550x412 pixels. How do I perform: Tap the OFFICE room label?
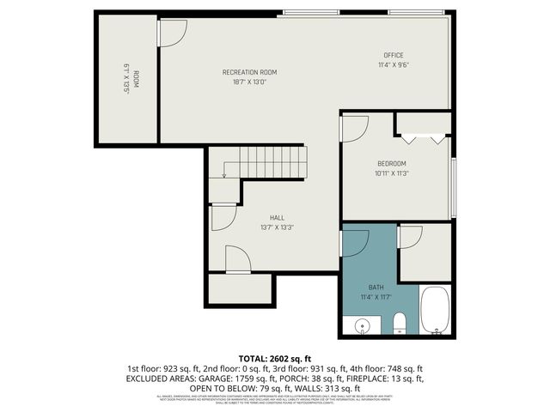[394, 55]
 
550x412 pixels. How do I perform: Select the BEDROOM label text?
[391, 163]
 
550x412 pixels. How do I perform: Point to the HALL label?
[277, 218]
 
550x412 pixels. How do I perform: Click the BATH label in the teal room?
[376, 287]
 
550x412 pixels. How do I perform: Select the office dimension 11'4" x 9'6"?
[394, 65]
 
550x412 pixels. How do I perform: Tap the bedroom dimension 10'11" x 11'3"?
[391, 173]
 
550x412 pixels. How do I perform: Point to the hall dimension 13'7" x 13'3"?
[277, 227]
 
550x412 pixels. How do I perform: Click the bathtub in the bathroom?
[435, 312]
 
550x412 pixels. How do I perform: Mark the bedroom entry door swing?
[353, 128]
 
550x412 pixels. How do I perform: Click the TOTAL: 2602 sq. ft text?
[274, 357]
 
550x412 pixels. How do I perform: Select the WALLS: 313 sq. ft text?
[327, 387]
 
